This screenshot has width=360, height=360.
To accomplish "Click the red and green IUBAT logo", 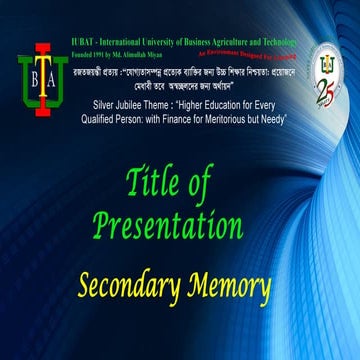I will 42,74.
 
